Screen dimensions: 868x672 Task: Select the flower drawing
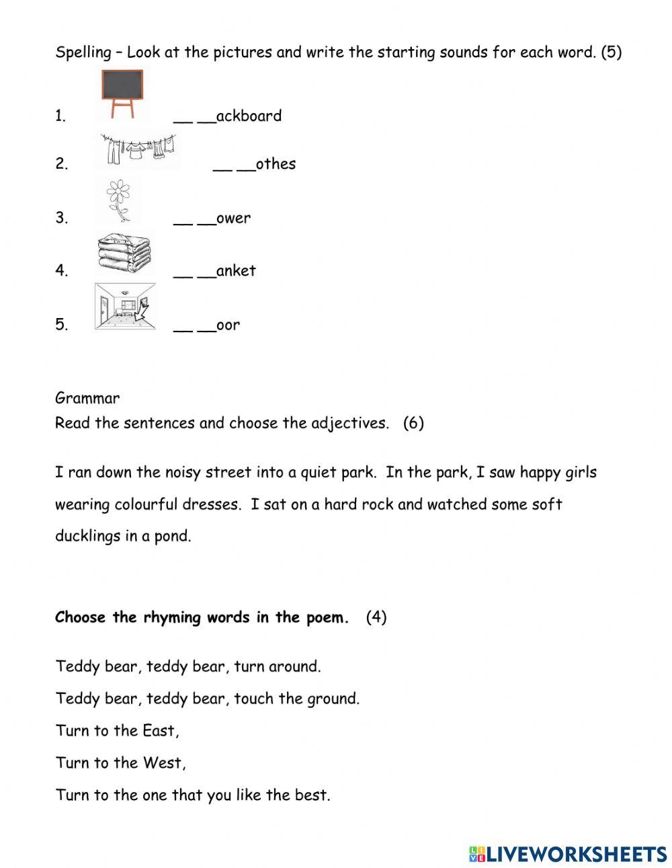[x=118, y=200]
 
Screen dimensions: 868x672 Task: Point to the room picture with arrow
[x=125, y=306]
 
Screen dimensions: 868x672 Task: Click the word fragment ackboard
[x=249, y=116]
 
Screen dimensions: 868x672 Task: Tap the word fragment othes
[x=276, y=164]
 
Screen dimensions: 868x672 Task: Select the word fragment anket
[x=236, y=270]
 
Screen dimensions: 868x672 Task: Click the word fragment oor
[x=228, y=325]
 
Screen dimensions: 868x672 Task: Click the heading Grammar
[x=87, y=398]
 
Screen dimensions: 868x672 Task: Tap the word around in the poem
[x=294, y=667]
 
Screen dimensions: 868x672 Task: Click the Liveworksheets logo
[x=568, y=854]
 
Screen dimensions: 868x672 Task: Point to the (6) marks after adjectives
[x=413, y=424]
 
